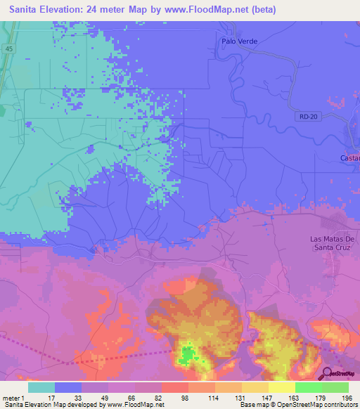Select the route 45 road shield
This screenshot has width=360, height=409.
coord(8,48)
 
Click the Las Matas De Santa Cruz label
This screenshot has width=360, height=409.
coord(334,242)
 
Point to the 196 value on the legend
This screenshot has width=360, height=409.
coord(336,398)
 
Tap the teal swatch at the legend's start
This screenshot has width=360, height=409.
coord(41,387)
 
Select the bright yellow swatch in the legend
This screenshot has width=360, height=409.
coord(281,387)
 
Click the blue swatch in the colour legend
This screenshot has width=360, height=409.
coord(68,387)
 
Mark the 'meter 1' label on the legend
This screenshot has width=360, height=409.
coord(12,398)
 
